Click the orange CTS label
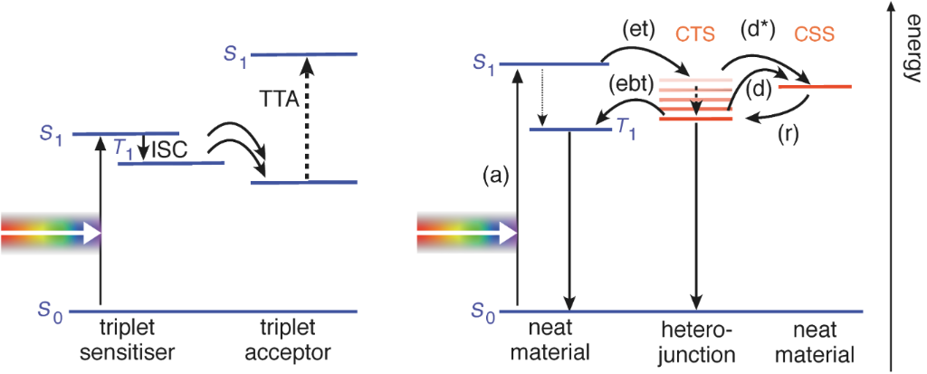[x=695, y=35]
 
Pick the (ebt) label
[x=630, y=87]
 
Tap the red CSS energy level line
[x=815, y=87]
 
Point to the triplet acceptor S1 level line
[x=305, y=54]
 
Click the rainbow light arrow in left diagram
[x=50, y=234]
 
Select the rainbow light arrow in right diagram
[x=465, y=234]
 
